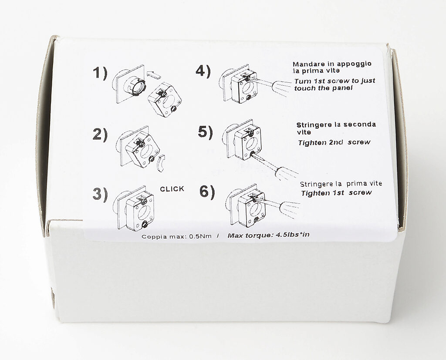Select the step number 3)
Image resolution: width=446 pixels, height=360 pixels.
pos(100,194)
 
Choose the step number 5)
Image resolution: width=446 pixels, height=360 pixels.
pos(205,132)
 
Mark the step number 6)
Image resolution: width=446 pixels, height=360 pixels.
pos(206,192)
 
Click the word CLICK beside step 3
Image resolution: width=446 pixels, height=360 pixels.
pos(172,189)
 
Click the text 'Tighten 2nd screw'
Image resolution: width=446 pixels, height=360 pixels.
pos(334,142)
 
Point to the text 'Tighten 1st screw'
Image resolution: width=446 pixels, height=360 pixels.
pos(336,193)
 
